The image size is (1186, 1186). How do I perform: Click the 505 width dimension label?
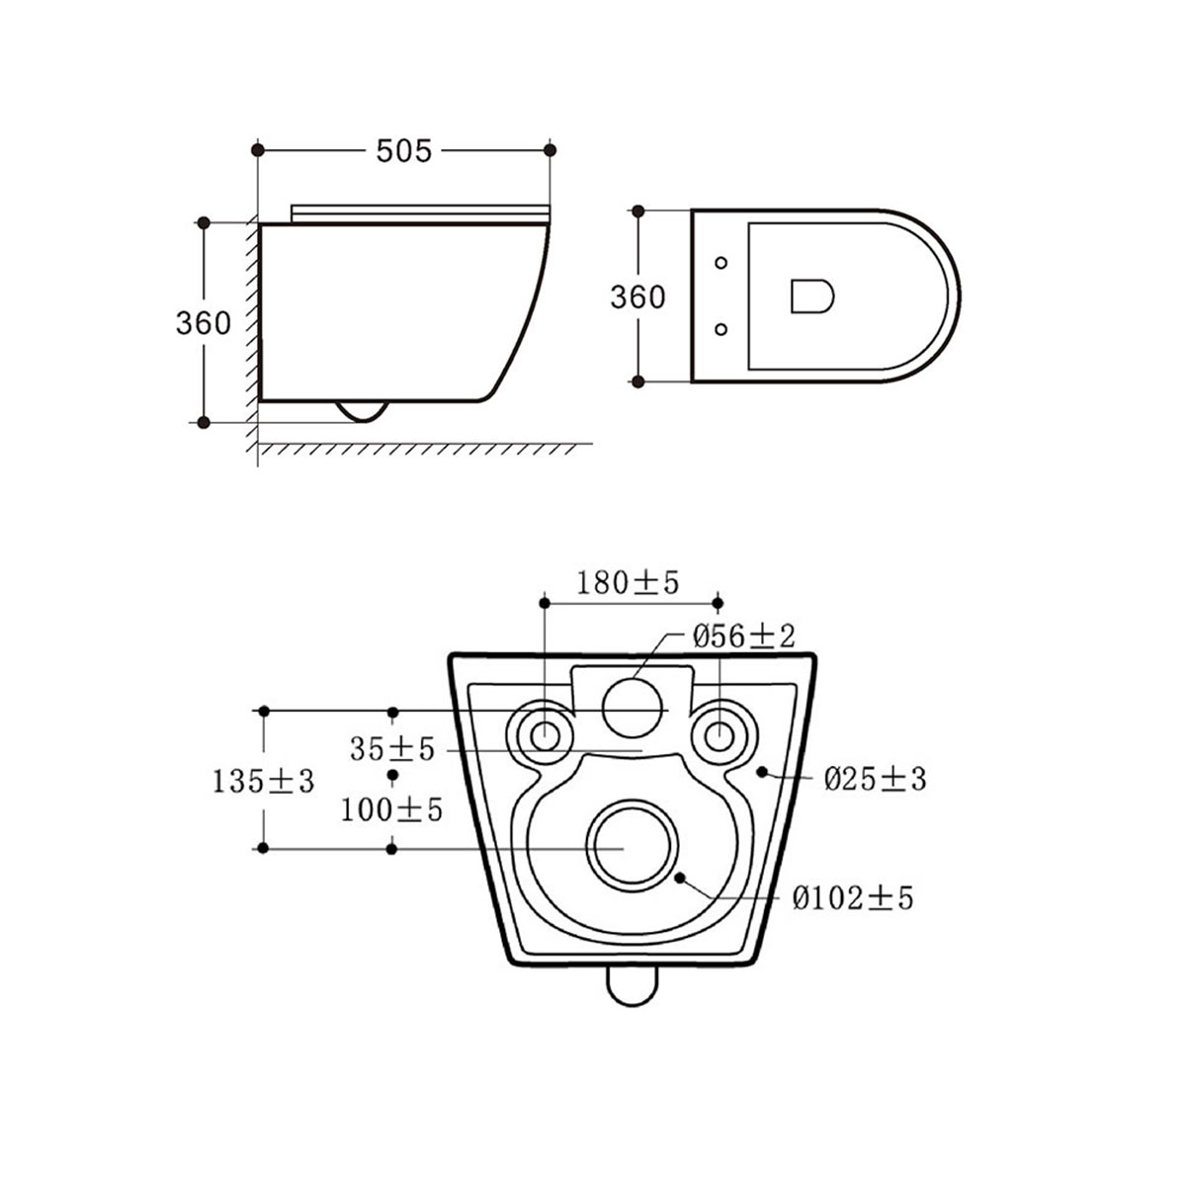(x=403, y=150)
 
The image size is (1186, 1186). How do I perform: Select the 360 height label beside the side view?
(x=204, y=323)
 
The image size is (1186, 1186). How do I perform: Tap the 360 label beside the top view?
(x=637, y=296)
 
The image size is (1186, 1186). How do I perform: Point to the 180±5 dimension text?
(x=630, y=583)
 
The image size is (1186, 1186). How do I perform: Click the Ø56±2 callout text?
(x=744, y=635)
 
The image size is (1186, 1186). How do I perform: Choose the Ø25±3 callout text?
(x=876, y=780)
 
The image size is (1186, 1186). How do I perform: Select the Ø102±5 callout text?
(x=853, y=898)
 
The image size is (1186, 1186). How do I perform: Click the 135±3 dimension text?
(x=263, y=782)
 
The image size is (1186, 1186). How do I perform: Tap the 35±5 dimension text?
(x=392, y=749)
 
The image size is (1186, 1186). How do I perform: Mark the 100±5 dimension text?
(x=392, y=811)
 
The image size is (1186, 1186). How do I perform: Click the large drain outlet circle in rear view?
(x=633, y=848)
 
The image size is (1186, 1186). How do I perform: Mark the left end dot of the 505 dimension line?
(x=259, y=150)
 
